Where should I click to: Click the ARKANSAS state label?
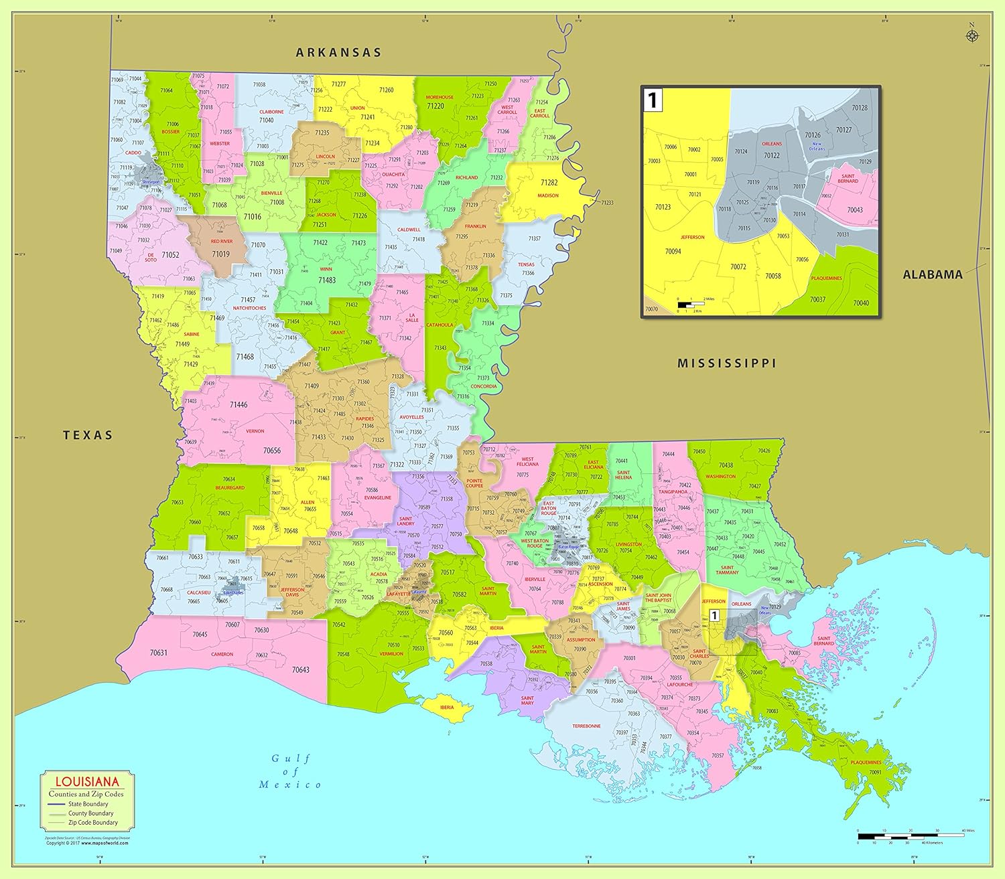[x=338, y=52]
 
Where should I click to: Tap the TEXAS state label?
[x=88, y=435]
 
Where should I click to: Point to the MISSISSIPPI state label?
[x=726, y=364]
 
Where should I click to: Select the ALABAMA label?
[x=932, y=274]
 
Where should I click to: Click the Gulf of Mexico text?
[x=291, y=771]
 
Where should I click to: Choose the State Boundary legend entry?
[x=87, y=804]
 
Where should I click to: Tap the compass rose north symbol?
[x=972, y=35]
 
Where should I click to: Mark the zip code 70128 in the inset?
[x=859, y=108]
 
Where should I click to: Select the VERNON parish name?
[x=255, y=431]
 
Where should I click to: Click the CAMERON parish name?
[x=222, y=654]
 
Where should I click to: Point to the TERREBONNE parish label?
[x=586, y=726]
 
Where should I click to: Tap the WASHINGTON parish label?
[x=720, y=477]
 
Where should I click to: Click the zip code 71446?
[x=239, y=404]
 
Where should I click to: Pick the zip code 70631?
[x=159, y=653]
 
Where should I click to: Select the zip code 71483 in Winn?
[x=327, y=281]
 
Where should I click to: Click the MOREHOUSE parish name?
[x=440, y=97]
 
